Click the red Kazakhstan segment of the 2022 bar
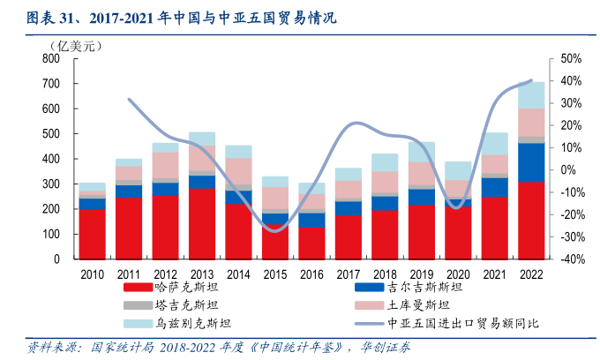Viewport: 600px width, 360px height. (x=531, y=221)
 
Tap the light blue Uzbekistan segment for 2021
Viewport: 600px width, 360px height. (x=495, y=143)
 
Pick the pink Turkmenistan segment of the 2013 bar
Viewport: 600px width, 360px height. (x=202, y=158)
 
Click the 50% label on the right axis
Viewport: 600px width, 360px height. (x=571, y=58)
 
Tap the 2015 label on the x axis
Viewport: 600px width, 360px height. (x=275, y=274)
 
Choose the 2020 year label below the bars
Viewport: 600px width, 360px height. (x=458, y=274)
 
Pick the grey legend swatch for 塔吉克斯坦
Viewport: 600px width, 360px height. (x=136, y=305)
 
